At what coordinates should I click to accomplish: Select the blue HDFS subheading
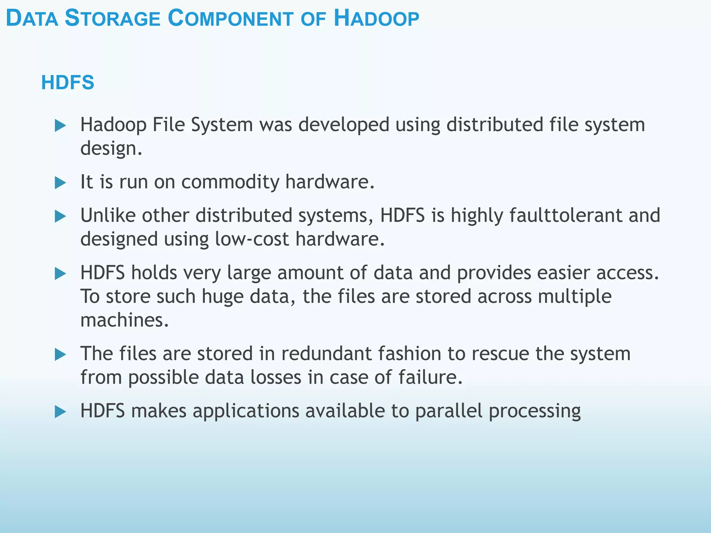(68, 83)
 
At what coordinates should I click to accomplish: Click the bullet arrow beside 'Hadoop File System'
(60, 126)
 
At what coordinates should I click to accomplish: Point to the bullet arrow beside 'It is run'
(60, 183)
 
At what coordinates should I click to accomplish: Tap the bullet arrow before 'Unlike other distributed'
(60, 217)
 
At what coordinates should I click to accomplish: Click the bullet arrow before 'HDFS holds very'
(60, 274)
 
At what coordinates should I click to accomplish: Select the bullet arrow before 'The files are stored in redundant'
(60, 354)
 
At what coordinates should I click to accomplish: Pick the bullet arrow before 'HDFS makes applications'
(60, 412)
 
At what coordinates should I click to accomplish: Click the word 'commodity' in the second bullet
(230, 182)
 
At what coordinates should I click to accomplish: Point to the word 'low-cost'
(252, 239)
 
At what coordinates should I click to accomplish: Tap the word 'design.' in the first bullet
(111, 149)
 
